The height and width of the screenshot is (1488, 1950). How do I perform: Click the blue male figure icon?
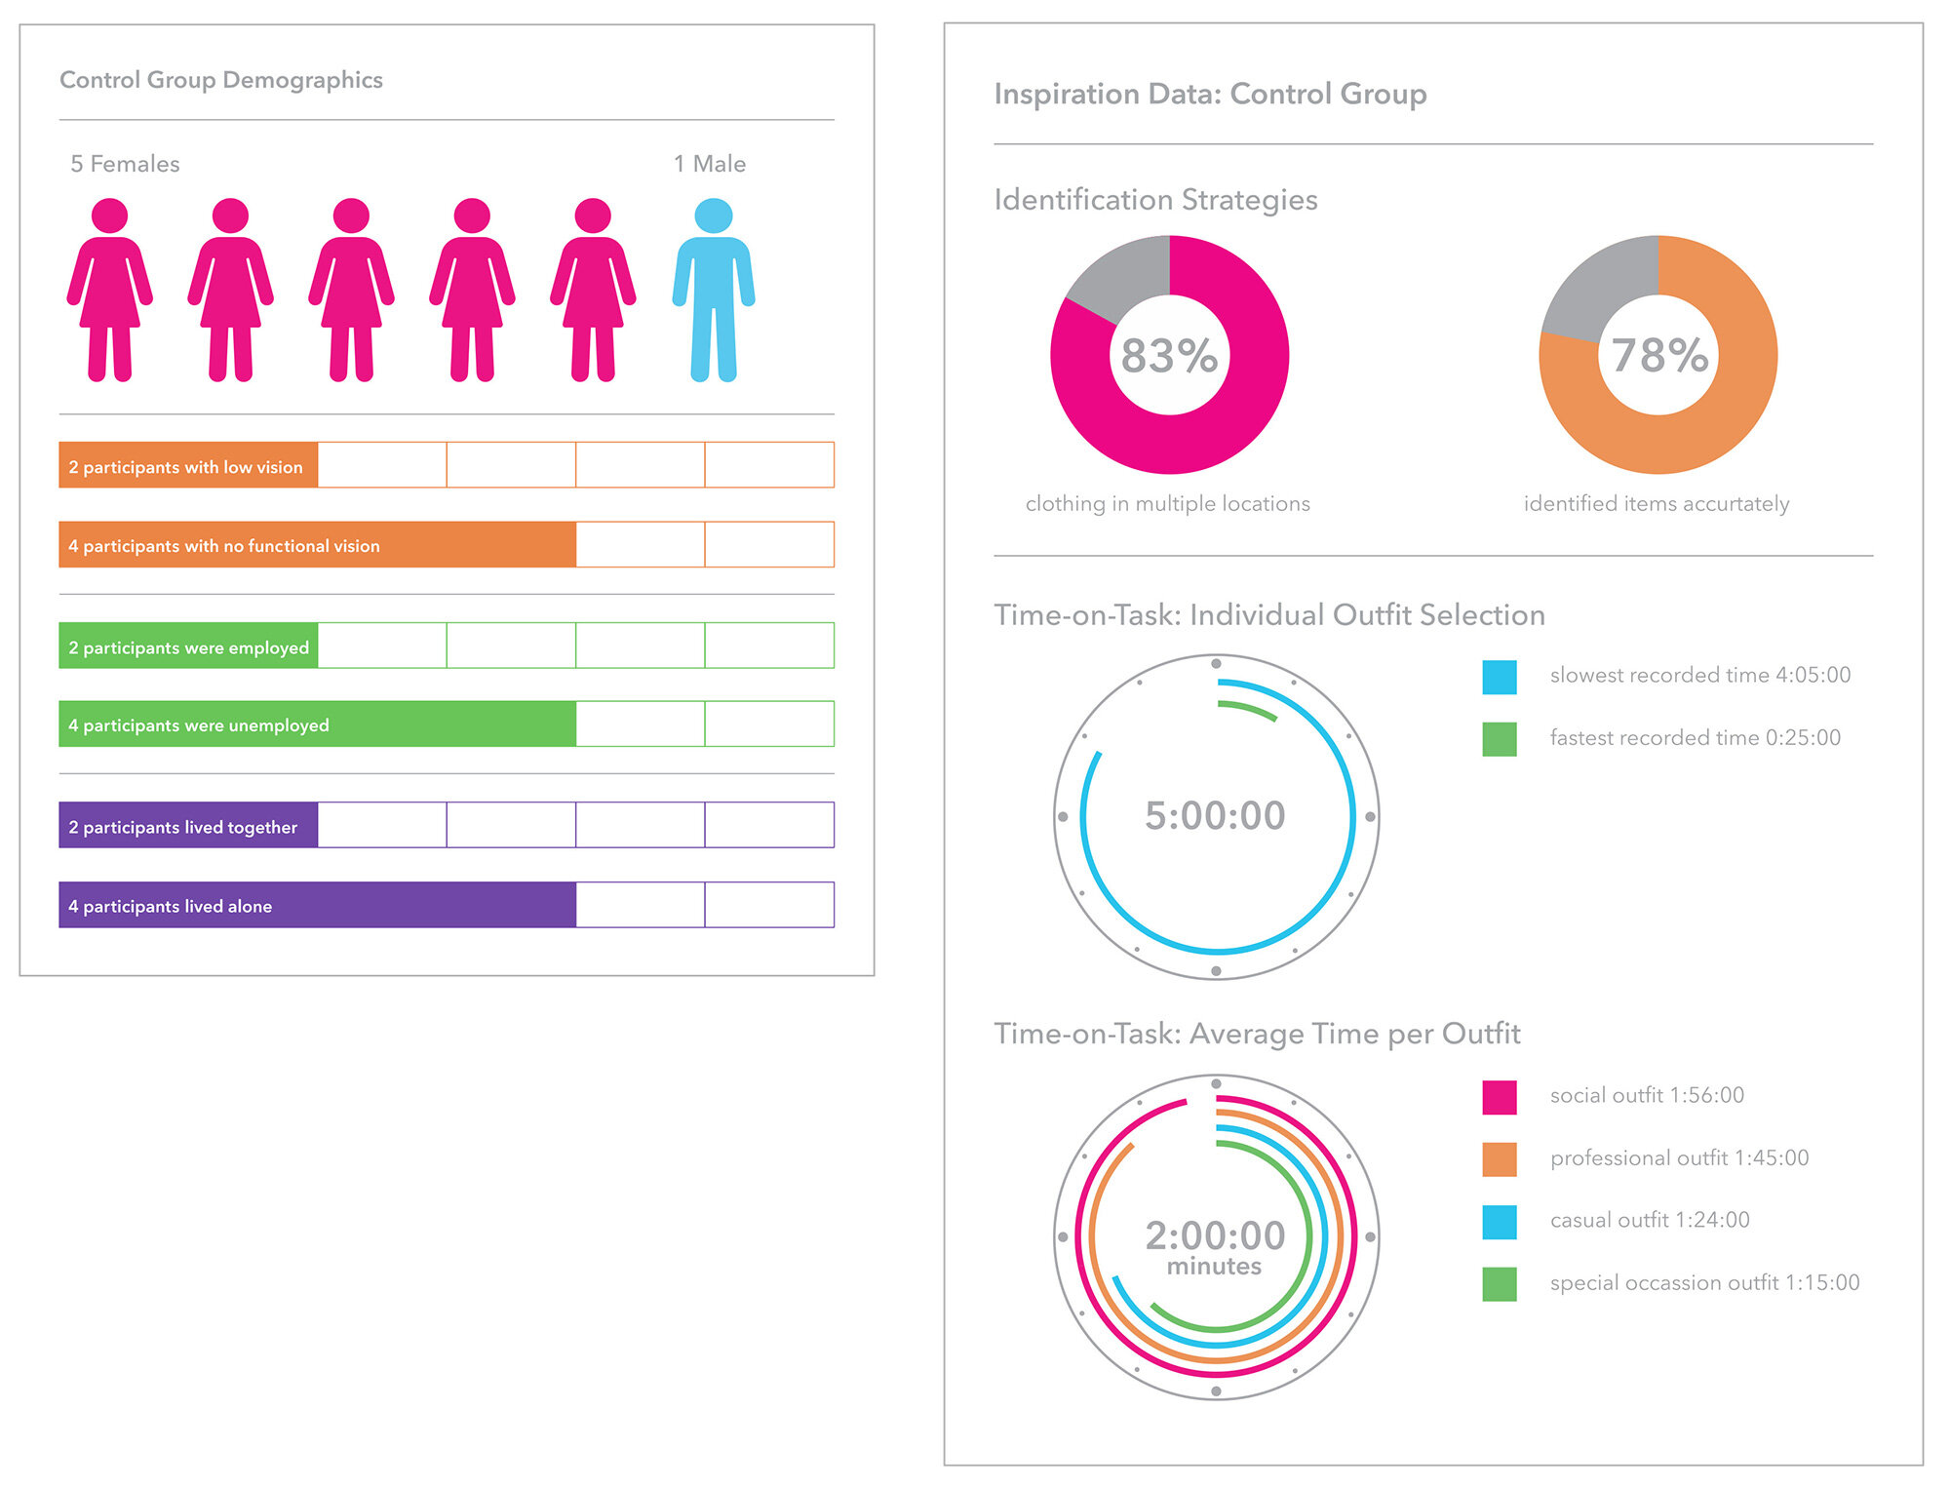[714, 290]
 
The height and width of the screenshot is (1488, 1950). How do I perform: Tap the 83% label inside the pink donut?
[1169, 356]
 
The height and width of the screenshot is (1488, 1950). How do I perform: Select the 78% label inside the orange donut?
[1659, 355]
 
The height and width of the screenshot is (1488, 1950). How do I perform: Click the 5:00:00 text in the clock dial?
[1215, 815]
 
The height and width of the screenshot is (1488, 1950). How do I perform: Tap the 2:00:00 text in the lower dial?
[1215, 1235]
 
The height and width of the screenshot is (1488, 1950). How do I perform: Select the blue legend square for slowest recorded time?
[1499, 677]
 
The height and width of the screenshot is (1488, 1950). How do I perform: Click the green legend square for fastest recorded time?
[1499, 739]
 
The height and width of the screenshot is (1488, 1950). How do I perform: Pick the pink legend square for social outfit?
[1499, 1097]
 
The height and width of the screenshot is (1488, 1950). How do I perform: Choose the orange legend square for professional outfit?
[1499, 1159]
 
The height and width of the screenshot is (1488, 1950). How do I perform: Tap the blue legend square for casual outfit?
[1499, 1222]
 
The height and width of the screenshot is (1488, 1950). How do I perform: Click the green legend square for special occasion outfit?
[1499, 1284]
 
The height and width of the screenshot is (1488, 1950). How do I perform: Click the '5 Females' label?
[125, 164]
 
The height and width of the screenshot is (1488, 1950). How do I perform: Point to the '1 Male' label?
[710, 164]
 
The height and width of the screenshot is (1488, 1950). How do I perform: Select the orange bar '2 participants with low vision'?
[188, 465]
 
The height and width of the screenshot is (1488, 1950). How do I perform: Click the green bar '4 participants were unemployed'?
[317, 724]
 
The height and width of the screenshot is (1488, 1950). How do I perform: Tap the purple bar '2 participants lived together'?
[188, 825]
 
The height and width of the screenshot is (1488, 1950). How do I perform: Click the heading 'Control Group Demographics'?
[221, 80]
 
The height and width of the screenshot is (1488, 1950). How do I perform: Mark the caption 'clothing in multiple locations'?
[1167, 503]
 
